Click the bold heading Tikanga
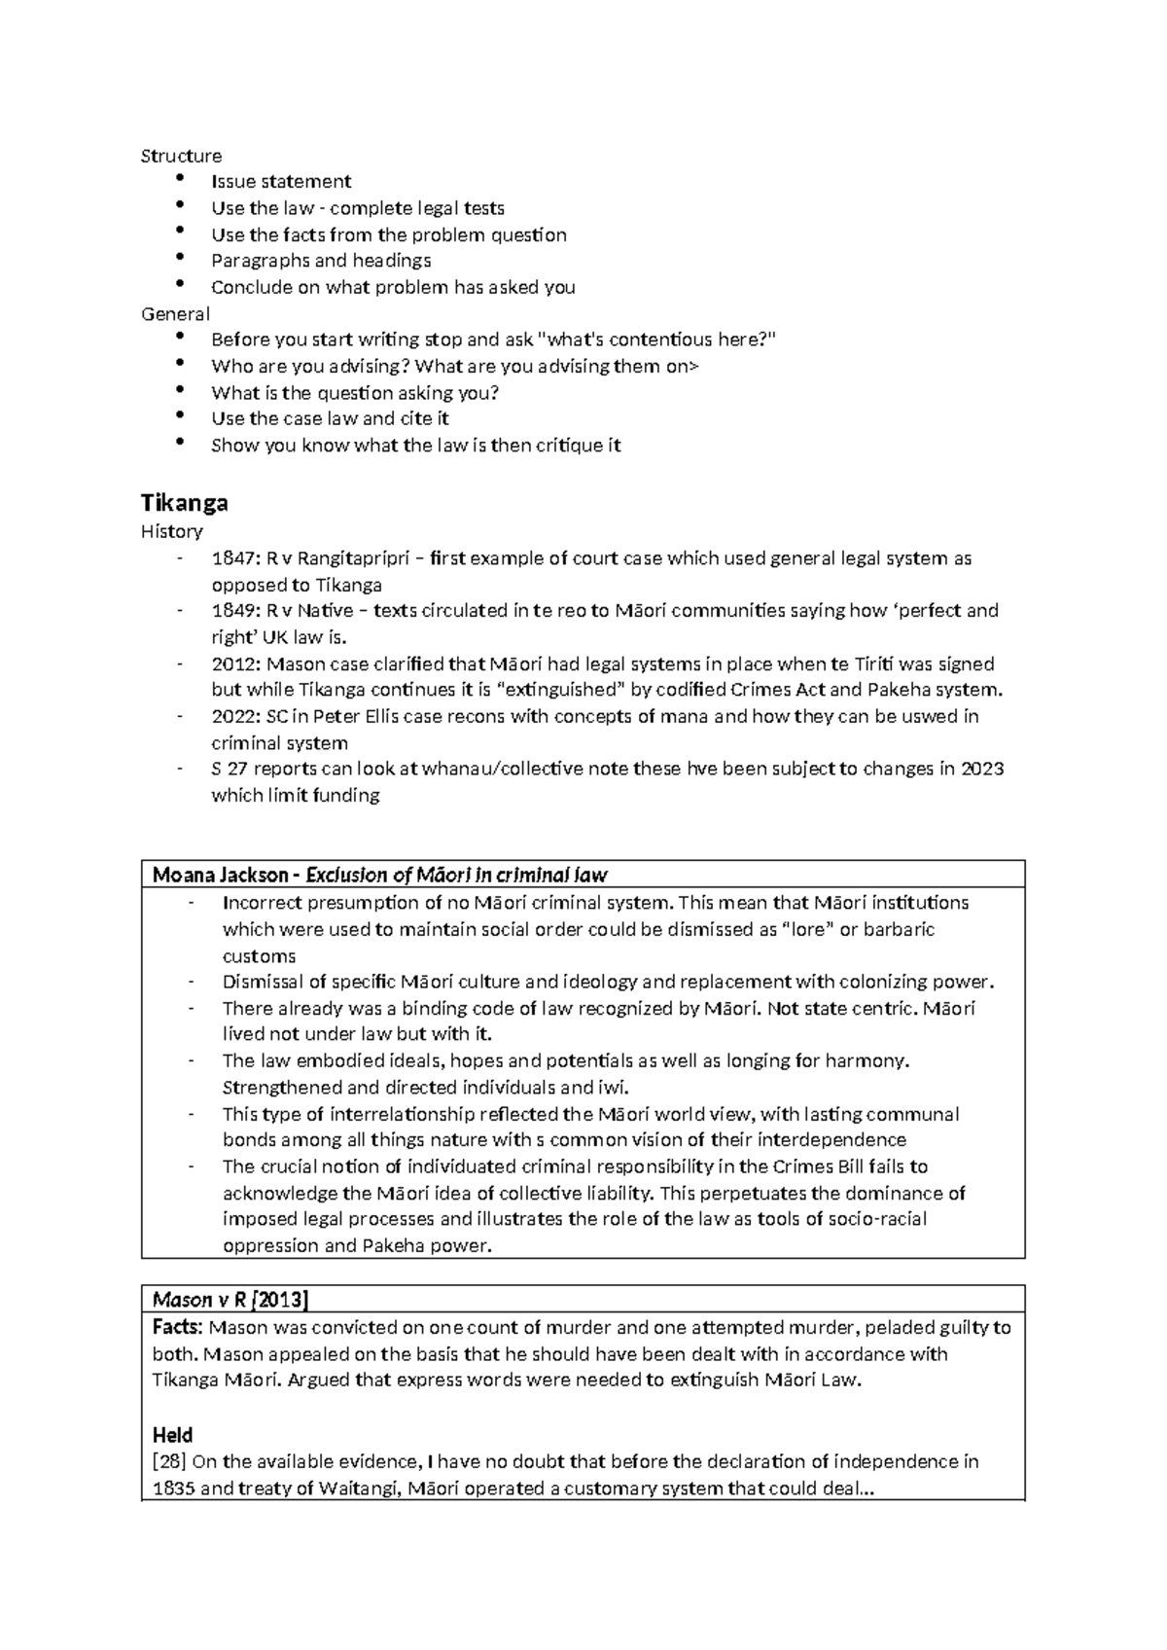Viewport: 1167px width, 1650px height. tap(184, 503)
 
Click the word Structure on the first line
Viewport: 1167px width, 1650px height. tap(181, 156)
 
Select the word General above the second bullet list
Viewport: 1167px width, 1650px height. tap(175, 313)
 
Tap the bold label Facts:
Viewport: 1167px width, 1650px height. tap(178, 1327)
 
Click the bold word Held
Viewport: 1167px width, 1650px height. tap(172, 1435)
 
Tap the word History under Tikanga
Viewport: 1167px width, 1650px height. tap(171, 531)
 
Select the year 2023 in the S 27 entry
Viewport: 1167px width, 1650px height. tap(982, 769)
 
